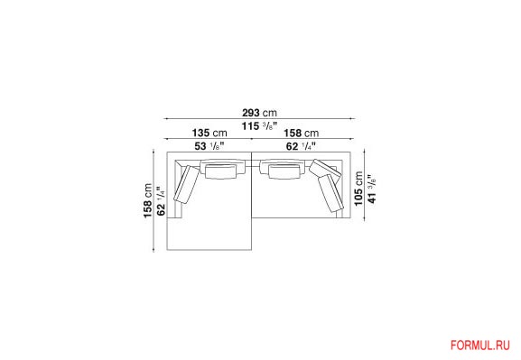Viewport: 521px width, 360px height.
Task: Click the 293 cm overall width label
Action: tap(259, 113)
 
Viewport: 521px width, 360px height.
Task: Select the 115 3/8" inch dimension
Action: tap(259, 126)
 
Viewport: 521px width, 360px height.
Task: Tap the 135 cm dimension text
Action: tap(209, 134)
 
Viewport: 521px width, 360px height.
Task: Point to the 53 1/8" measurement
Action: tap(209, 146)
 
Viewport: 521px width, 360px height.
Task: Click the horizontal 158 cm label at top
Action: tap(301, 134)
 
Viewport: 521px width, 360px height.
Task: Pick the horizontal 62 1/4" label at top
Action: tap(301, 146)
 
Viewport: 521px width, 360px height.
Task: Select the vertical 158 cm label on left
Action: tap(147, 200)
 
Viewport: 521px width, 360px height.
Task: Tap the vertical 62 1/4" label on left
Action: tap(161, 201)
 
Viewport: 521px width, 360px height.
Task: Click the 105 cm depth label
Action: tap(358, 189)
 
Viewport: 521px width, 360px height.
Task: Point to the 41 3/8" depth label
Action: tap(372, 189)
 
